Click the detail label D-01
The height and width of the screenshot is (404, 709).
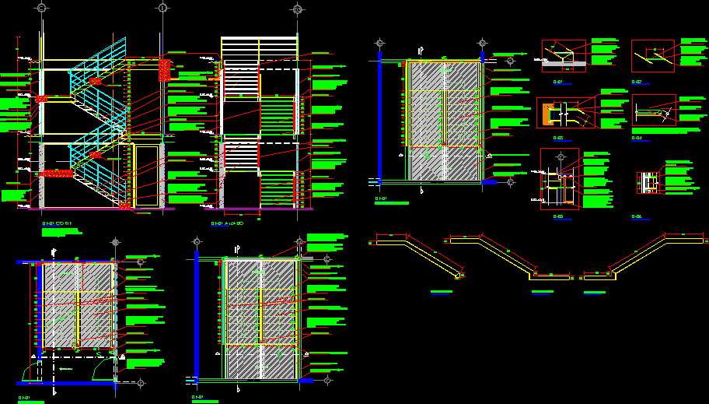[557, 81]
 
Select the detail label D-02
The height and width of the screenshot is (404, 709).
[637, 81]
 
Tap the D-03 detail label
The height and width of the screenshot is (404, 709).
[557, 137]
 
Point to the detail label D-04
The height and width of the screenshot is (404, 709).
[637, 138]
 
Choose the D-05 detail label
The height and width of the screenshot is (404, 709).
[557, 216]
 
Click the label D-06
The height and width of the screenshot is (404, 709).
[637, 216]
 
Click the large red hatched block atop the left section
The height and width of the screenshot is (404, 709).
[164, 69]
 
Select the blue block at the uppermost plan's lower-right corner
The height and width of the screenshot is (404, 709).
[489, 182]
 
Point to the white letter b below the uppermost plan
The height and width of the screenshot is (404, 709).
[421, 189]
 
